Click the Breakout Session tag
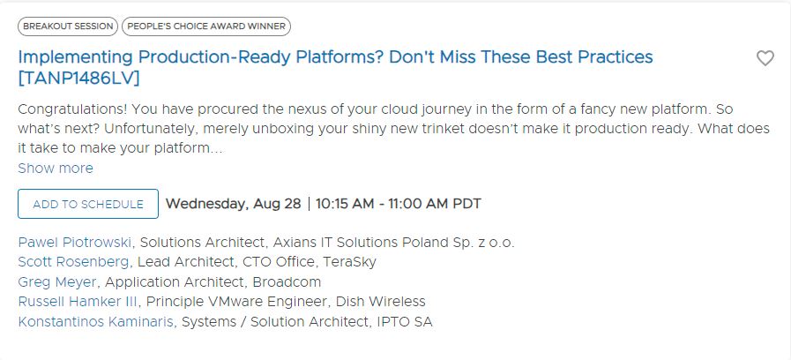[68, 26]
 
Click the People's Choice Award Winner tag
[206, 26]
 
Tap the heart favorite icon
[765, 58]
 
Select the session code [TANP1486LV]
[78, 79]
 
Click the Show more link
[56, 169]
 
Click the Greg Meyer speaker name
[57, 281]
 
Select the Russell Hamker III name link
[78, 302]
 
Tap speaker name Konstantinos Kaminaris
[97, 322]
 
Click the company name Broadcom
[287, 281]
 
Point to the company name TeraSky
[349, 262]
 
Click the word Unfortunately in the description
[153, 129]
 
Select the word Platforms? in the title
[340, 57]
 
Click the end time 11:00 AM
[418, 204]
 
